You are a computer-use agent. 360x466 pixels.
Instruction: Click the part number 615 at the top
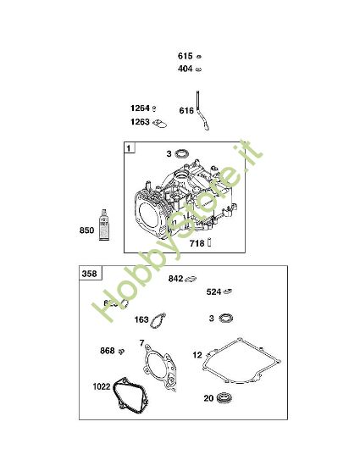184,56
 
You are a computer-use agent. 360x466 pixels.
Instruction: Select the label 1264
140,108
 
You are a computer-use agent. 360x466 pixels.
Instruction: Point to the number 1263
140,122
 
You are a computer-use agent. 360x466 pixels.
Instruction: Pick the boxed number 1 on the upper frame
129,149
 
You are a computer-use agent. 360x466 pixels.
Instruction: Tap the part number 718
197,243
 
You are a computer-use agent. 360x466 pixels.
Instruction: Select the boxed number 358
89,274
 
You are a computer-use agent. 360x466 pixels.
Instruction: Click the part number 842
176,279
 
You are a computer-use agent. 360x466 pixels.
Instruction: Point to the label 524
214,292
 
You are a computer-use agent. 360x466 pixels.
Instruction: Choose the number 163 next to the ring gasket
141,320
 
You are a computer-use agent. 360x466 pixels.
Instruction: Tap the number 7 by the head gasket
141,344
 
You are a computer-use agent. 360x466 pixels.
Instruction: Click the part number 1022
102,387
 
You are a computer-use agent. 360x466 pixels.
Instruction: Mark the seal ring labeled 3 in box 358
224,318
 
